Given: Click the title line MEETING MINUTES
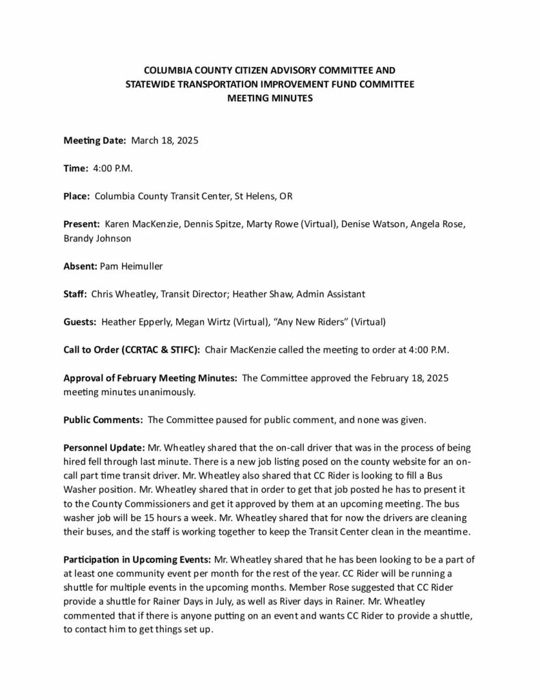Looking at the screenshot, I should click(270, 98).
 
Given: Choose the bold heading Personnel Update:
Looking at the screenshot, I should click(104, 448).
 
